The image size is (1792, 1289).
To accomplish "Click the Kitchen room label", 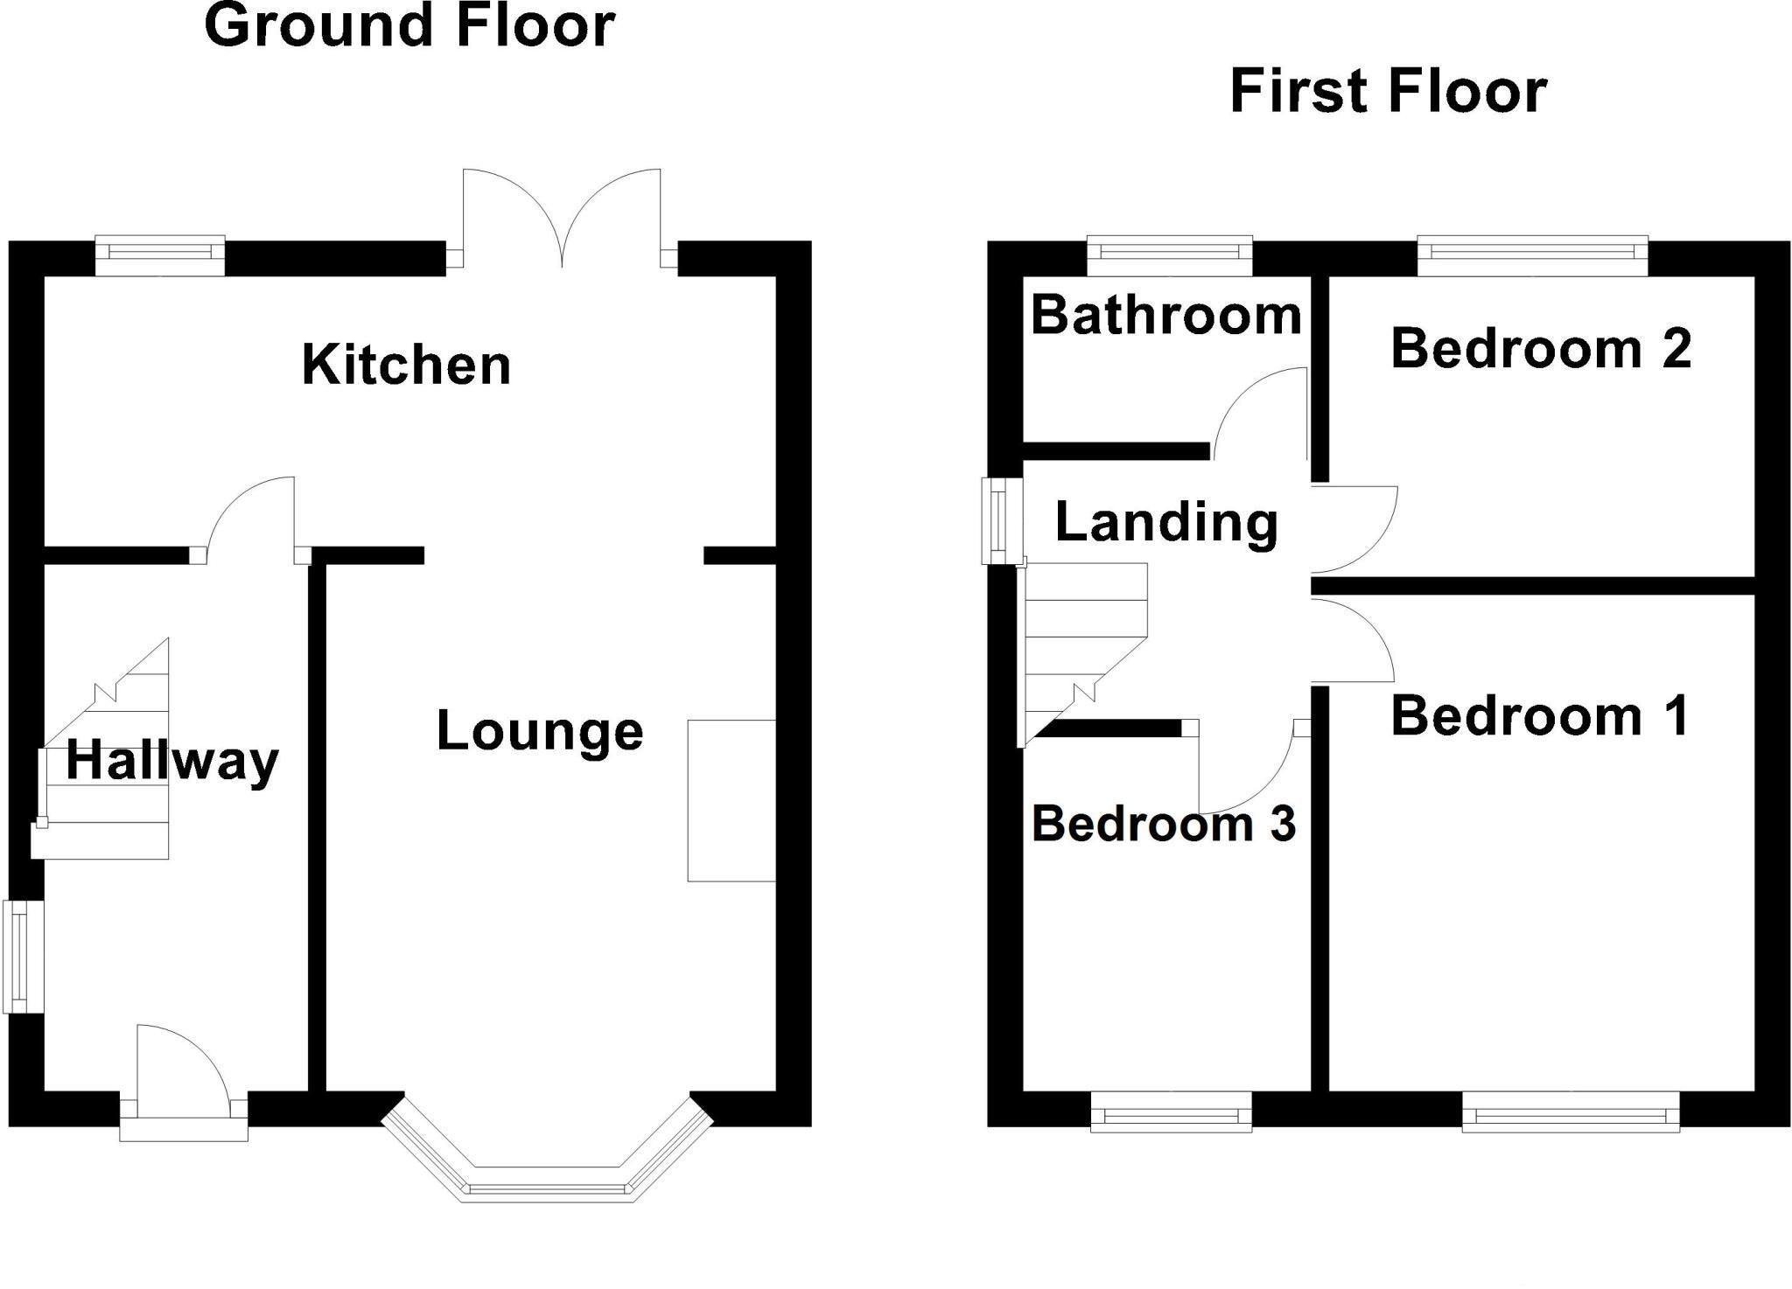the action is click(406, 365).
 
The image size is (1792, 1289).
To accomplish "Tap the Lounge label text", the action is click(540, 731).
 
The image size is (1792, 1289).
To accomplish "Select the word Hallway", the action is click(172, 761).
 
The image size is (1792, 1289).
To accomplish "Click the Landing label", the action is click(1166, 523).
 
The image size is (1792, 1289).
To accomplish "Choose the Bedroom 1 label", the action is click(1540, 715).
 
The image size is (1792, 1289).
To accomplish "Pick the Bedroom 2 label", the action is click(1541, 348).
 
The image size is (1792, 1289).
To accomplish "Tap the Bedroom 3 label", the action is click(1164, 824).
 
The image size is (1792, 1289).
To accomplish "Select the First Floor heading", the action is click(1389, 91).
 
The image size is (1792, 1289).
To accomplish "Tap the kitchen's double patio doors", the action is click(562, 219).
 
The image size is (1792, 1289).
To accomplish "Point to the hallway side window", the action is click(24, 957).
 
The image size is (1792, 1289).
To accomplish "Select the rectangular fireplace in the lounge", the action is click(731, 800).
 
